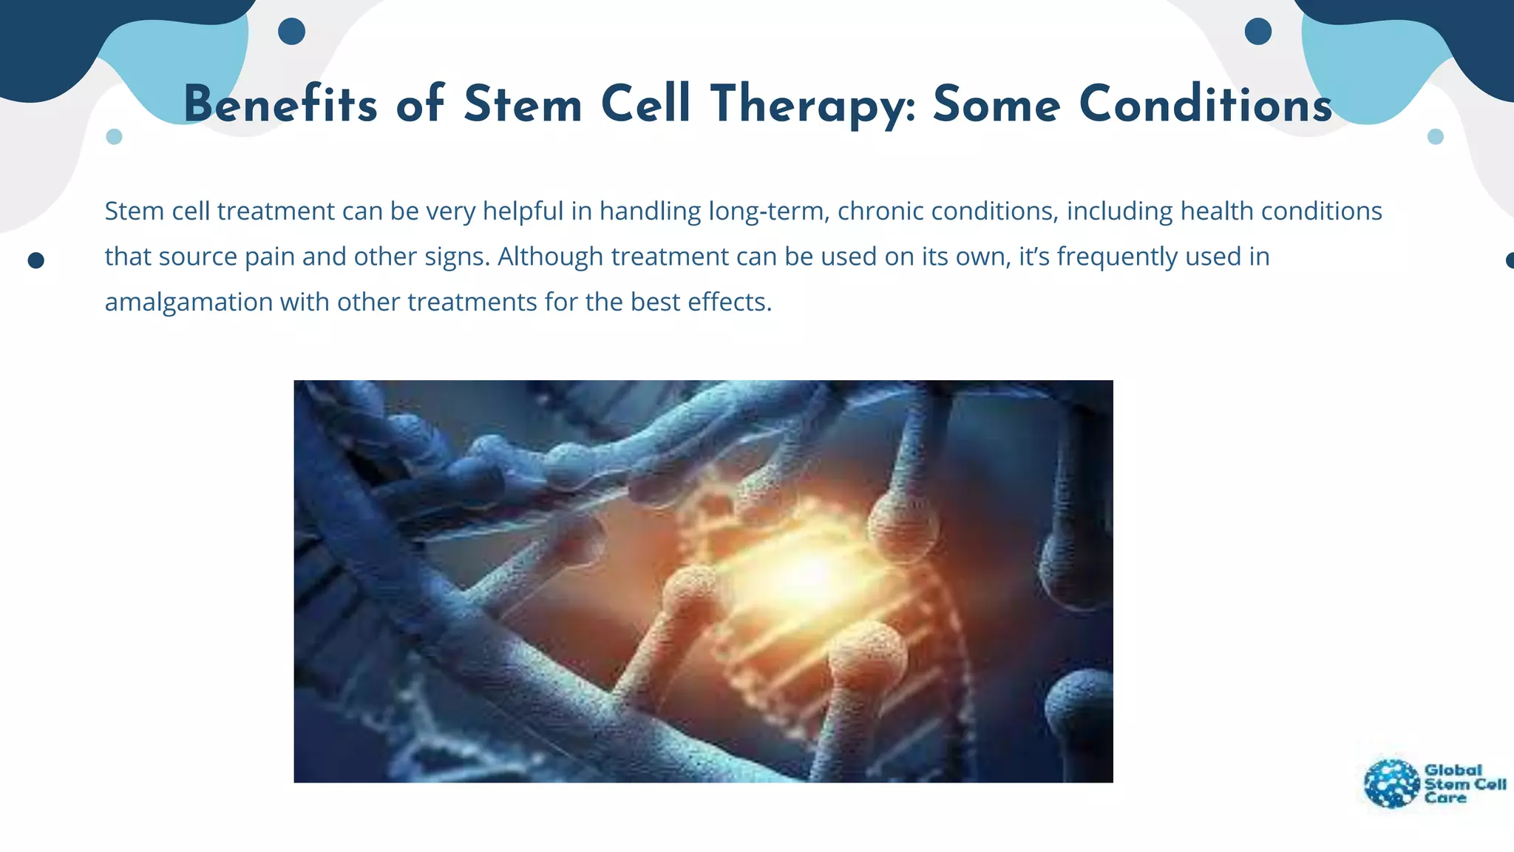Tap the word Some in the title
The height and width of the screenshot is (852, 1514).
pyautogui.click(x=997, y=104)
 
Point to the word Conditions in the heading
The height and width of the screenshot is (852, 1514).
pyautogui.click(x=1205, y=104)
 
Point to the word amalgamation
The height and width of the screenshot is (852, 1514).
pyautogui.click(x=189, y=302)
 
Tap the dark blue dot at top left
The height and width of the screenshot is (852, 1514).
pyautogui.click(x=291, y=32)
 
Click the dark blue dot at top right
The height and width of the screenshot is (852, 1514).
pyautogui.click(x=1257, y=32)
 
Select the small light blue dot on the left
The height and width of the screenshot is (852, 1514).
pyautogui.click(x=114, y=137)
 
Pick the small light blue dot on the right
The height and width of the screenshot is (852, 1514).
pyautogui.click(x=1435, y=137)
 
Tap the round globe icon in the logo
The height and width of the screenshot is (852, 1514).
pyautogui.click(x=1392, y=784)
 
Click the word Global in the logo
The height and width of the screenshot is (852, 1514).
pyautogui.click(x=1453, y=770)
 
